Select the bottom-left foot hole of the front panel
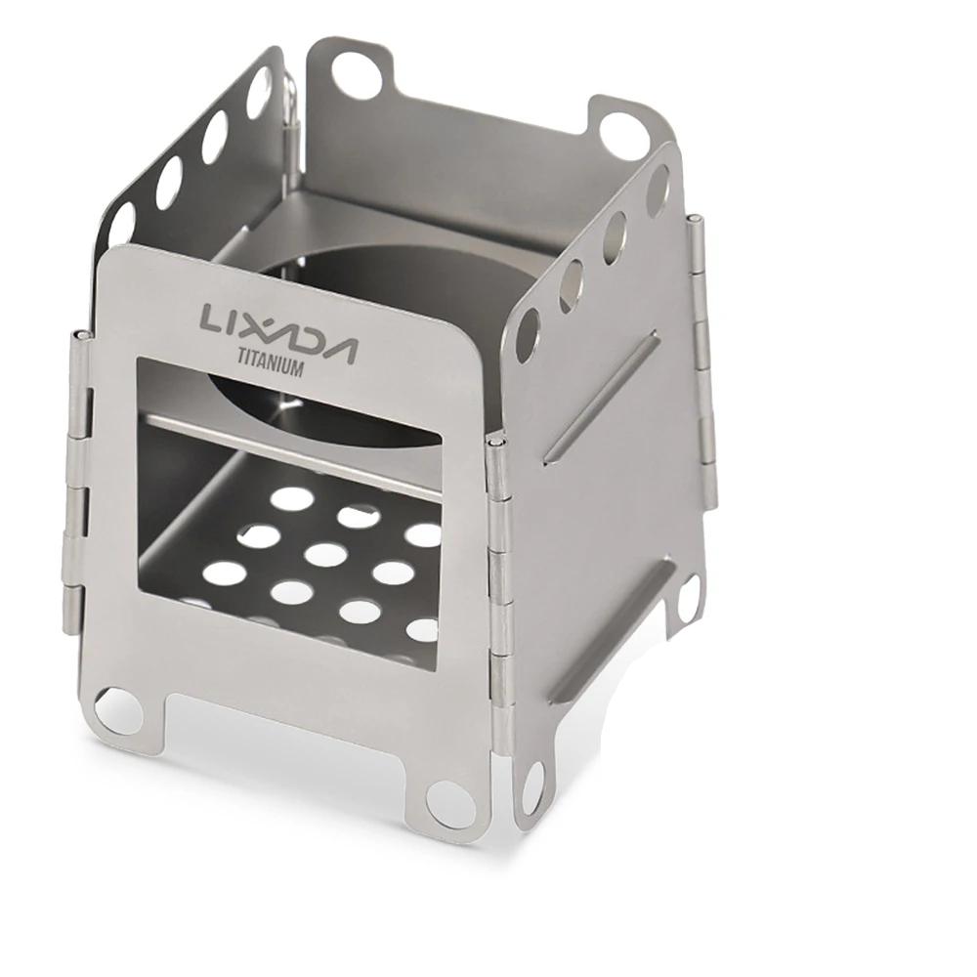[118, 712]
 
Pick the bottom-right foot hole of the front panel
[449, 802]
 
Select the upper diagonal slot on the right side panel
[599, 398]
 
